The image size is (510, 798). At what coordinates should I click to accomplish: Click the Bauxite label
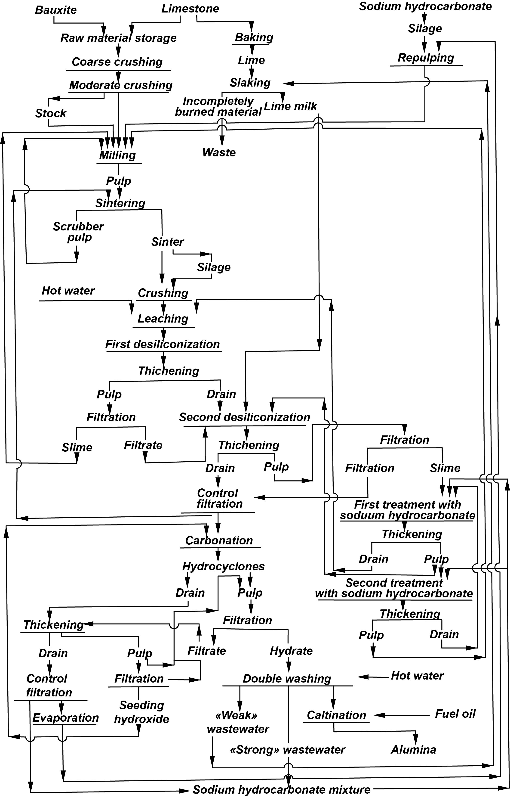[x=56, y=10]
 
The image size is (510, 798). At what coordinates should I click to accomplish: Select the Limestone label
[x=190, y=9]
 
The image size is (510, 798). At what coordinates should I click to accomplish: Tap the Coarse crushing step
[x=117, y=62]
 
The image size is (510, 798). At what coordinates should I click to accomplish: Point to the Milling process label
[x=118, y=155]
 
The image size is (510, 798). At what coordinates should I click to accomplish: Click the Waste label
[x=219, y=152]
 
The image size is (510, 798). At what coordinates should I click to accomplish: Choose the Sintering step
[x=120, y=203]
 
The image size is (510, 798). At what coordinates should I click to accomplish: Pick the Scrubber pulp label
[x=78, y=232]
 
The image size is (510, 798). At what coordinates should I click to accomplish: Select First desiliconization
[x=163, y=344]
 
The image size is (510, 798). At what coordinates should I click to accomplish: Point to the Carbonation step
[x=219, y=540]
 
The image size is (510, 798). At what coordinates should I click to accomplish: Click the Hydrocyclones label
[x=224, y=566]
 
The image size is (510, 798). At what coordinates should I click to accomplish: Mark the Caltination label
[x=336, y=715]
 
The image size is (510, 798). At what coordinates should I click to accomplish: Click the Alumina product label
[x=414, y=750]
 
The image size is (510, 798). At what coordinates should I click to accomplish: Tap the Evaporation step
[x=66, y=718]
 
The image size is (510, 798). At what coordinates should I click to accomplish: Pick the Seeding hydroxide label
[x=141, y=712]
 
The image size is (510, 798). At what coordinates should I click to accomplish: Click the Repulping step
[x=426, y=58]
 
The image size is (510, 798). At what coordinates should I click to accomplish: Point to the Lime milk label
[x=290, y=106]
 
